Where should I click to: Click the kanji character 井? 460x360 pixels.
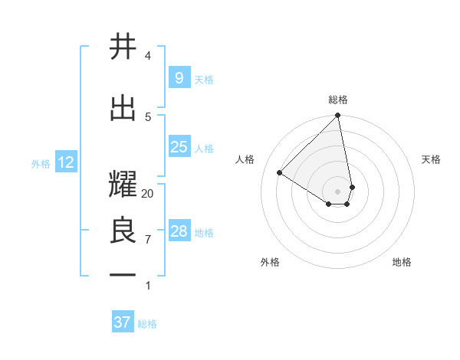[x=123, y=47]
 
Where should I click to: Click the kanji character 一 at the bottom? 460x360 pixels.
[x=123, y=273]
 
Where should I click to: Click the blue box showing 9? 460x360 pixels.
[x=179, y=78]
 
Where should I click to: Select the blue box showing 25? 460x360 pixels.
[x=179, y=147]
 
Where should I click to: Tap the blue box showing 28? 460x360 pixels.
[x=179, y=231]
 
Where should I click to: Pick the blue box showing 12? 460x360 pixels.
[x=65, y=162]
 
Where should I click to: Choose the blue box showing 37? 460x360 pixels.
[x=123, y=322]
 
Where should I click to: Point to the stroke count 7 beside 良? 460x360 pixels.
[x=148, y=240]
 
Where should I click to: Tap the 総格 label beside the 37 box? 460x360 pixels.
[x=148, y=324]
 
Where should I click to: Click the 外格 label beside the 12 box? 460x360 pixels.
[x=41, y=163]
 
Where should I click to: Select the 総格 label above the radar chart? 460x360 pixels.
[x=338, y=100]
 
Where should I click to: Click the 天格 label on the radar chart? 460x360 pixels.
[x=432, y=159]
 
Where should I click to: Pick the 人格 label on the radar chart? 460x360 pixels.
[x=245, y=159]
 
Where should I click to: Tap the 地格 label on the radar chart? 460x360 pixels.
[x=402, y=262]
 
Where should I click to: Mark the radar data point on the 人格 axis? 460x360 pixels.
[x=280, y=172]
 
